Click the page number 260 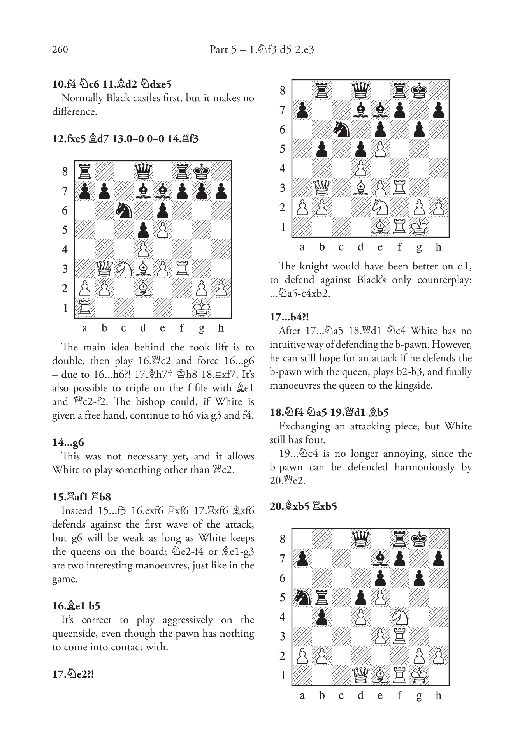coord(60,49)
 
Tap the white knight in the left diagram coord(123,269)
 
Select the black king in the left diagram coord(201,171)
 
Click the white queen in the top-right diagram coord(321,188)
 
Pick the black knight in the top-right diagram coord(341,129)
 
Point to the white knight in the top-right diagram coord(380,207)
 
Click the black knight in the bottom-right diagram coord(302,597)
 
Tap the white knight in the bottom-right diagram coord(399,617)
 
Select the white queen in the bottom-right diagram coord(360,675)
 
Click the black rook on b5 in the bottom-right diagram coord(321,597)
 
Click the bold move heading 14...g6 coord(68,443)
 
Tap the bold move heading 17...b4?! coord(289,317)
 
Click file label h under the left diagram coord(221,328)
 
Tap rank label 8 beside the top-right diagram coord(283,91)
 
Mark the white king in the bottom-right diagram coord(419,675)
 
